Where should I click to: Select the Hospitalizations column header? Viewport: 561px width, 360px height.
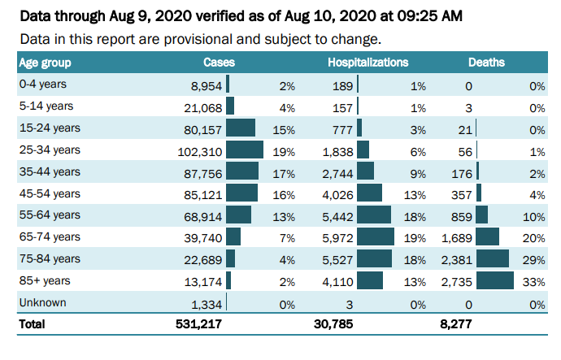click(x=367, y=63)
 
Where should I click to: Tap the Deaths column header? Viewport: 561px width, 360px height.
click(x=485, y=63)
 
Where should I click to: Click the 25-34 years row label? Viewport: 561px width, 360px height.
click(x=50, y=150)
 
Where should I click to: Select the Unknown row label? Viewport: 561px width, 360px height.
click(x=42, y=302)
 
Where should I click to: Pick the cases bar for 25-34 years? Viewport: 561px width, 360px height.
click(x=244, y=150)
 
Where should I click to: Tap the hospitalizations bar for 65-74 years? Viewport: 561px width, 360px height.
click(x=375, y=237)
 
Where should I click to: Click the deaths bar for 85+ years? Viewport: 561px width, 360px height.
click(x=495, y=281)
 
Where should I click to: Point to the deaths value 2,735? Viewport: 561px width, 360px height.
click(x=457, y=281)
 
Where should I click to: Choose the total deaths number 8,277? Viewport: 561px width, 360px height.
click(x=456, y=324)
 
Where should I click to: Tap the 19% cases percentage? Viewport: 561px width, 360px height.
click(x=285, y=150)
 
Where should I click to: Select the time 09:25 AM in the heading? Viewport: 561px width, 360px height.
click(x=441, y=15)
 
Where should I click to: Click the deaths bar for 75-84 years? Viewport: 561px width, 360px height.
click(x=493, y=259)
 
